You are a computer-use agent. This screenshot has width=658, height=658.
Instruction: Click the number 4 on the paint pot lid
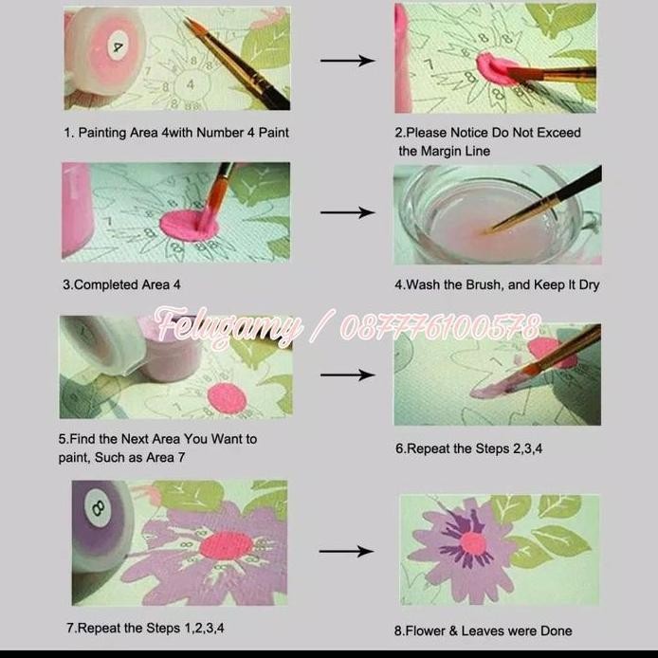tap(119, 46)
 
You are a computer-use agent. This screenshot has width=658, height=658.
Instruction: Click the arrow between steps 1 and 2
tap(346, 61)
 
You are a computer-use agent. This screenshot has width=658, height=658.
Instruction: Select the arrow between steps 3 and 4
tap(346, 212)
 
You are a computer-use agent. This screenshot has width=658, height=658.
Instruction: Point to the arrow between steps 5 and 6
tap(346, 375)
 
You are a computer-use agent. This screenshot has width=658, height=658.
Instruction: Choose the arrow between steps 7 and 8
tap(346, 551)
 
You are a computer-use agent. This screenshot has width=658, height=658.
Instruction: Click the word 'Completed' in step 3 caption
tap(107, 284)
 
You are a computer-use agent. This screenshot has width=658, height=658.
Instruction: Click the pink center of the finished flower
tap(472, 542)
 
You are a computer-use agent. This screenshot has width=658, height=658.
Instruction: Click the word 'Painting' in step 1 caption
tap(106, 133)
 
